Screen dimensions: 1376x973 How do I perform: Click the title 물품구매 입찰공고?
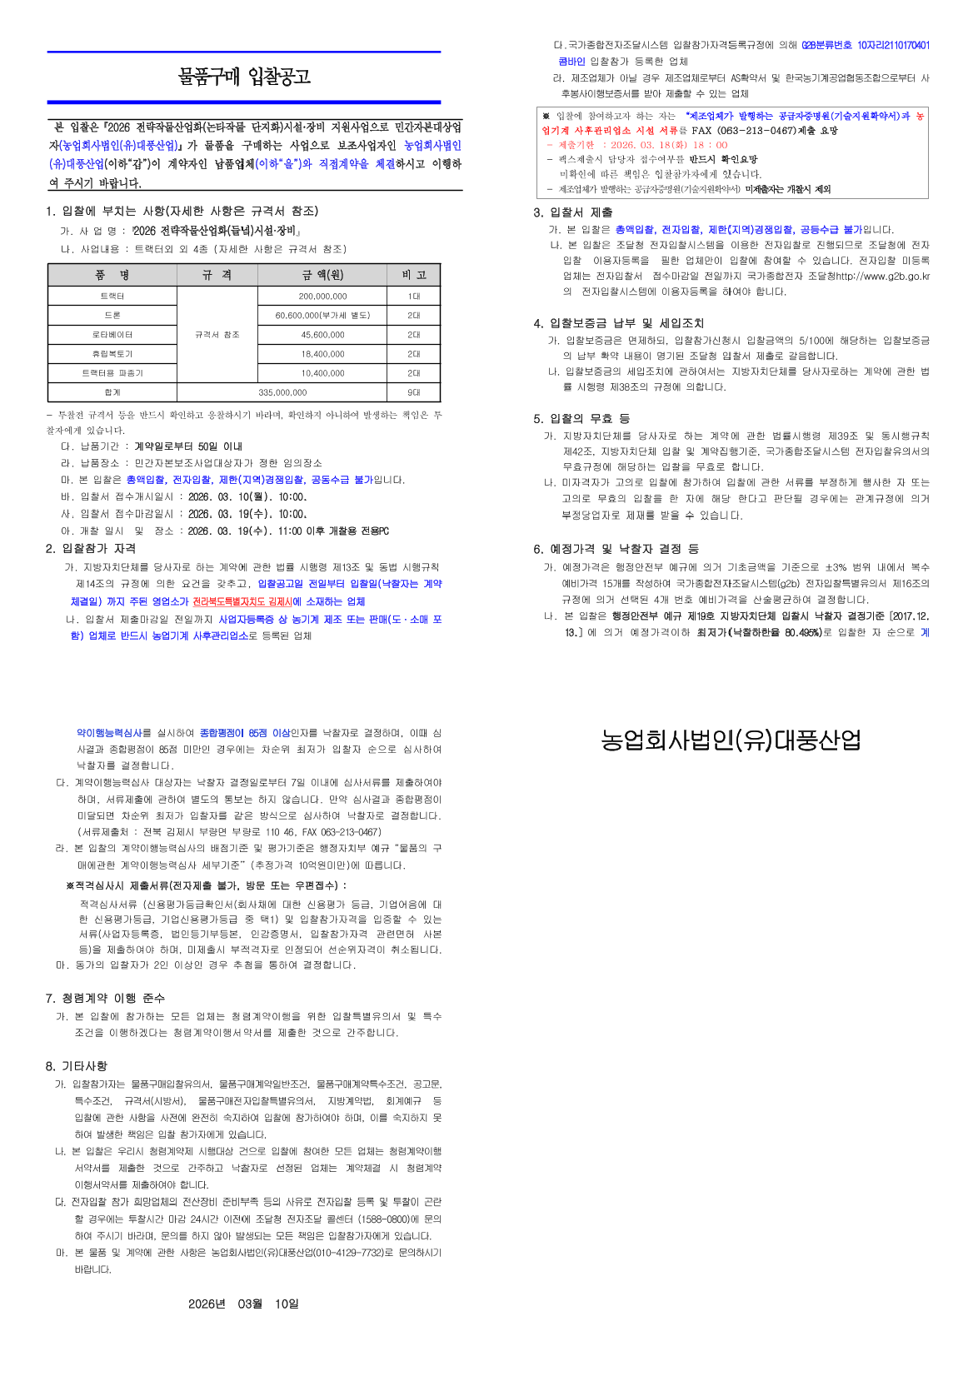tap(243, 77)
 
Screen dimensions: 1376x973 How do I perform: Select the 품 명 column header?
tap(112, 275)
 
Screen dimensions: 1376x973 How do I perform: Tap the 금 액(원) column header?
tap(322, 275)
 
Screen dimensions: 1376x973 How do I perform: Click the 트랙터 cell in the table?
tap(112, 297)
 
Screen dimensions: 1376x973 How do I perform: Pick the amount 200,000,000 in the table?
tap(322, 297)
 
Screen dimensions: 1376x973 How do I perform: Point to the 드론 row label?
tap(112, 316)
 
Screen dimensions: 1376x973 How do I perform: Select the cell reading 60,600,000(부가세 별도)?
tap(322, 316)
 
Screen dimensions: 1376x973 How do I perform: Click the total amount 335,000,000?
tap(282, 392)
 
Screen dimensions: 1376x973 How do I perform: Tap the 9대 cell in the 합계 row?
tap(413, 392)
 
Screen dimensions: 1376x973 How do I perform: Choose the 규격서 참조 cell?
tap(217, 335)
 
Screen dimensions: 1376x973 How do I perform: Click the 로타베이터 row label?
tap(112, 335)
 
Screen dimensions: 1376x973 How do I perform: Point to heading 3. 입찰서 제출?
tap(573, 212)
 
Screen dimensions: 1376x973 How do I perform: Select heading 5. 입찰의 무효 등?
tap(581, 418)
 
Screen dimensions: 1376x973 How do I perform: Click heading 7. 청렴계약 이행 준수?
tap(105, 998)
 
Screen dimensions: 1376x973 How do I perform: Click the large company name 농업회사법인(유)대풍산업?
tap(731, 740)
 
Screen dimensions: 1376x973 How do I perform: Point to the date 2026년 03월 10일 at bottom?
tap(243, 1304)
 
